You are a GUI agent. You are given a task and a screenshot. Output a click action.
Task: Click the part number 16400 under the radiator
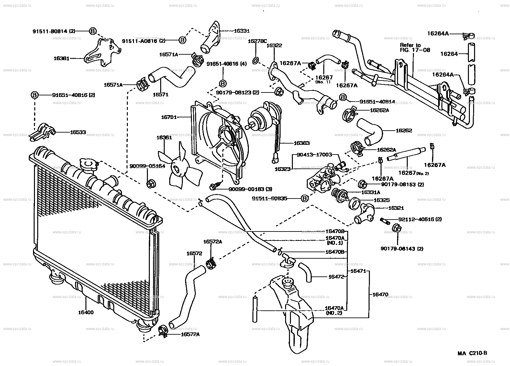tap(85, 313)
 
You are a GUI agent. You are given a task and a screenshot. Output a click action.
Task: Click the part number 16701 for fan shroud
tap(169, 117)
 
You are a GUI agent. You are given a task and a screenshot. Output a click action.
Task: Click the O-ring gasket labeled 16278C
tap(256, 60)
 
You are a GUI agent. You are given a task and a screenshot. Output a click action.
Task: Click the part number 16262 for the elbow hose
tap(404, 131)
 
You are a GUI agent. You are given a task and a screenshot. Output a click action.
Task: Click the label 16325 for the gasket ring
tap(382, 200)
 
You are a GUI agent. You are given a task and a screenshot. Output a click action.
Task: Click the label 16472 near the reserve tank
tap(336, 277)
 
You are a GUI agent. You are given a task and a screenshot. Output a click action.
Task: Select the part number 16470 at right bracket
tap(380, 295)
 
